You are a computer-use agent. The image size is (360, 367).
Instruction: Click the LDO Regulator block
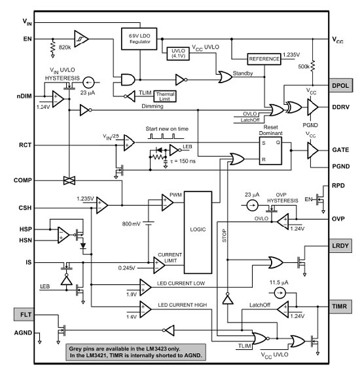click(139, 39)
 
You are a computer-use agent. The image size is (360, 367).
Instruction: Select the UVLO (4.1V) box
click(178, 54)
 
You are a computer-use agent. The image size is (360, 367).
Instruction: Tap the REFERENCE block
click(264, 59)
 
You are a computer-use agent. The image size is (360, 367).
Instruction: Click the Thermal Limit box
click(165, 96)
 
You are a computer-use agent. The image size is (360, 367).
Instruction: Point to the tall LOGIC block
click(198, 233)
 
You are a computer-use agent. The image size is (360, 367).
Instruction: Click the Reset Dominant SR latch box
click(270, 151)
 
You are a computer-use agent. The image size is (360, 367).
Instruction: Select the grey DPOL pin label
click(340, 85)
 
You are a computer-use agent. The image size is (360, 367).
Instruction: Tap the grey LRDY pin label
click(340, 246)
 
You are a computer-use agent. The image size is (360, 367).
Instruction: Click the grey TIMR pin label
click(340, 307)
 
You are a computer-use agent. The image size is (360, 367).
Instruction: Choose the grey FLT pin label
click(24, 315)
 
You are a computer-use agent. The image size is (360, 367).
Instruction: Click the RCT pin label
click(26, 145)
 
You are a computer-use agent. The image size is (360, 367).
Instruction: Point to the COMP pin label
click(23, 180)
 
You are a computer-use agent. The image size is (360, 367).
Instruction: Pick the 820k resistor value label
click(65, 47)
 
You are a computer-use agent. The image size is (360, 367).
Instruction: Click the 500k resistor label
click(304, 67)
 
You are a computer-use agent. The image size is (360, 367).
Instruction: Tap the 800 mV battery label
click(132, 224)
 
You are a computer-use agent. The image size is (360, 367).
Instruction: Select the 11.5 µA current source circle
click(279, 293)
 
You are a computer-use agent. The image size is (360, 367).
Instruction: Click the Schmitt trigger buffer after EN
click(81, 39)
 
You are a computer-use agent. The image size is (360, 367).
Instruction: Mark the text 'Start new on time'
click(167, 128)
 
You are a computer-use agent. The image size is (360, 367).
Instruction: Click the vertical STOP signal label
click(224, 236)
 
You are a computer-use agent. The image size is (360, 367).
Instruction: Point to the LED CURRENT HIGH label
click(183, 305)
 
